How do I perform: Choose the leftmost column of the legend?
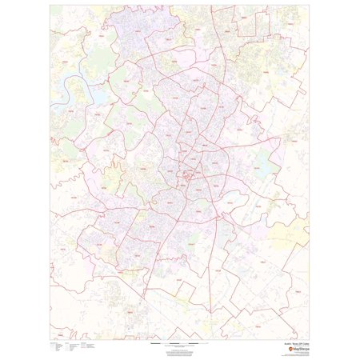(54, 347)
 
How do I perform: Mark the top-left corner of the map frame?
(50, 6)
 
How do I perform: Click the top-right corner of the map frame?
(310, 6)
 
